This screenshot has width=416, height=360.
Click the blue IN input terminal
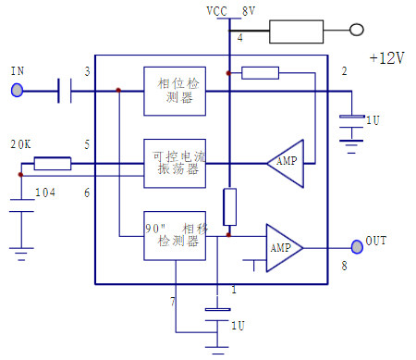[x=17, y=90]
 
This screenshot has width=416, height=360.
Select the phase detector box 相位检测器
[x=174, y=91]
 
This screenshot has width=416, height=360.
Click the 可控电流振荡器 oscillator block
[x=174, y=163]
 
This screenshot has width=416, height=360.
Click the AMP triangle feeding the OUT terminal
[x=284, y=247]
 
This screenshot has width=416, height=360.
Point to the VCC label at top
[x=215, y=11]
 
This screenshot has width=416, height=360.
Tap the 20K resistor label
[x=19, y=145]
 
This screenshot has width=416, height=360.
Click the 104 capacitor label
[x=44, y=192]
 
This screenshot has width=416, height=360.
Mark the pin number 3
[x=87, y=72]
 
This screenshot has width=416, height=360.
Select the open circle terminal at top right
[x=357, y=31]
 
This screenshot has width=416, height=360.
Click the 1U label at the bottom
[x=238, y=326]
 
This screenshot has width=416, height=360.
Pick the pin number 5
[x=87, y=144]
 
